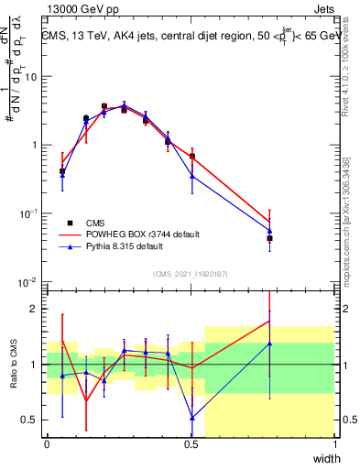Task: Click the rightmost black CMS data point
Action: click(270, 238)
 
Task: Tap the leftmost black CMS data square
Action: click(62, 171)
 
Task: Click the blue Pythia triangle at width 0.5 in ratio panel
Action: click(192, 418)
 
